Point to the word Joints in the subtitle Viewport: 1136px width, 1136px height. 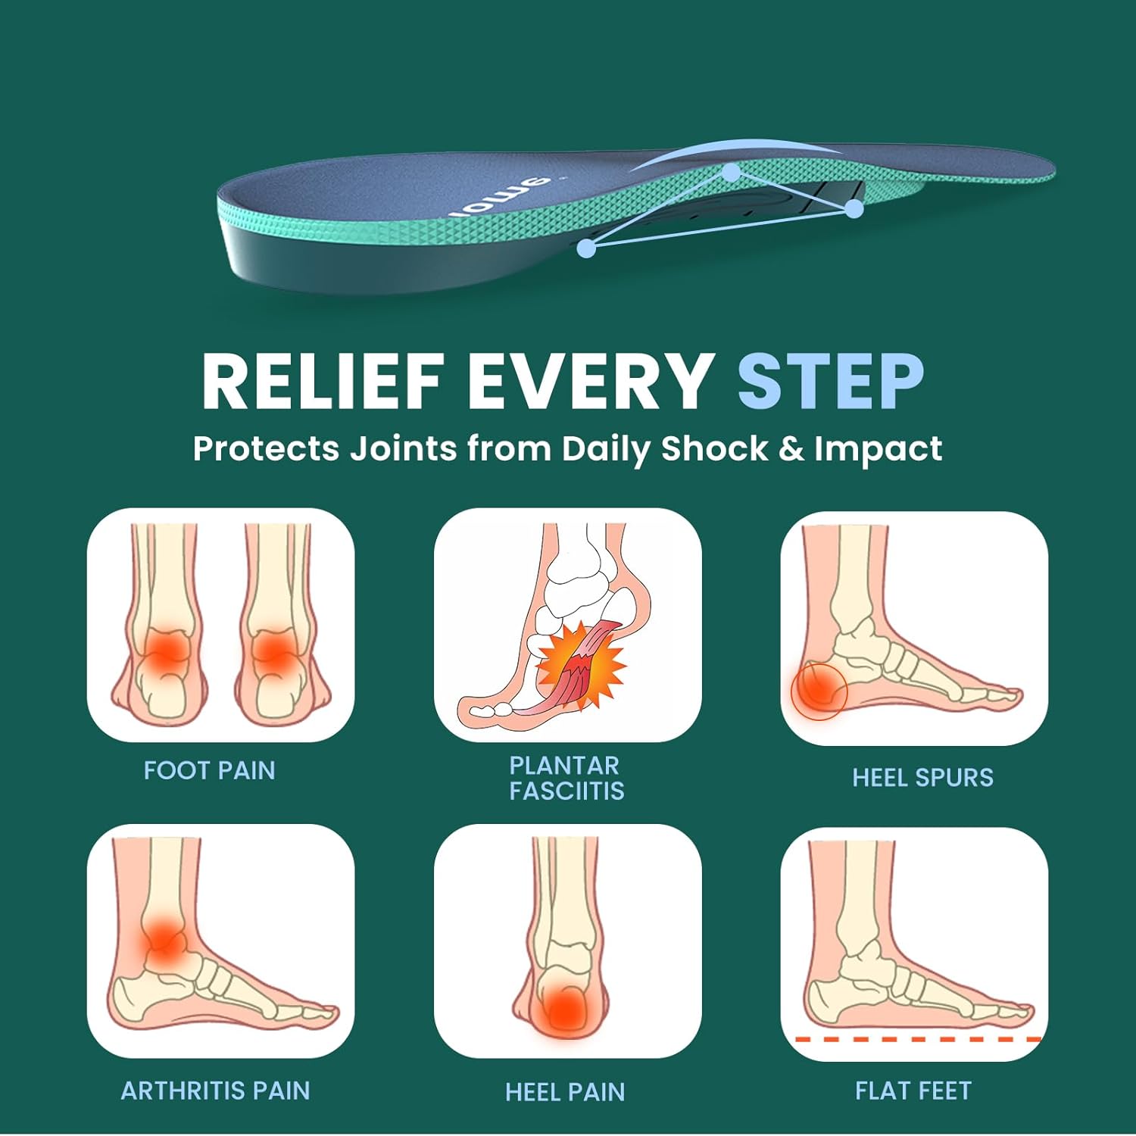pyautogui.click(x=403, y=448)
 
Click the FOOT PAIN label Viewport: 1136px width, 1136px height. pyautogui.click(x=209, y=771)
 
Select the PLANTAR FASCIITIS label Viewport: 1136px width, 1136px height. pyautogui.click(x=566, y=778)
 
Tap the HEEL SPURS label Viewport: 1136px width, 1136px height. pyautogui.click(x=922, y=778)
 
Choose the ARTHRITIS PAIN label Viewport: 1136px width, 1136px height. pyautogui.click(x=215, y=1091)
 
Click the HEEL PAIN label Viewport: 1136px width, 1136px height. pyautogui.click(x=565, y=1092)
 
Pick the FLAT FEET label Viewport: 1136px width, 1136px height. pyautogui.click(x=913, y=1091)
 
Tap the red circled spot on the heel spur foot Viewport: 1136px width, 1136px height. pyautogui.click(x=818, y=690)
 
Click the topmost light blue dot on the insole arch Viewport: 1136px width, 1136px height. pyautogui.click(x=731, y=173)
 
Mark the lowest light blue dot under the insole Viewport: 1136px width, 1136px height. pyautogui.click(x=586, y=248)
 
